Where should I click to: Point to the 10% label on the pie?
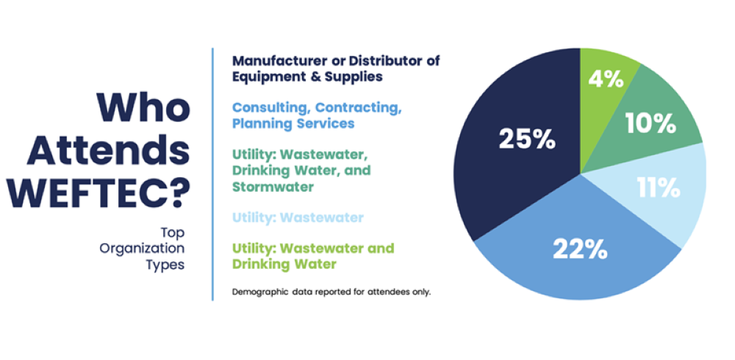[650, 123]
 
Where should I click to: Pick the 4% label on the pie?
[606, 79]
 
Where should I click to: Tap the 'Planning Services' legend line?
[293, 123]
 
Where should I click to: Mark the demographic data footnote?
[331, 292]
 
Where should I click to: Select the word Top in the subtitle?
[173, 233]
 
